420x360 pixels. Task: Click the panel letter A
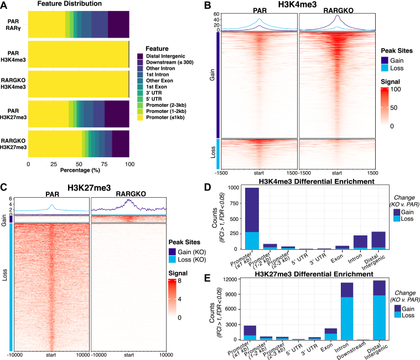[3, 5]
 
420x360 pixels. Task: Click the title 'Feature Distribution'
[69, 3]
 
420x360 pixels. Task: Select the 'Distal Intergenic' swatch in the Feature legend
[140, 56]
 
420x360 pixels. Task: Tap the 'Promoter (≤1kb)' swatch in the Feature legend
[140, 117]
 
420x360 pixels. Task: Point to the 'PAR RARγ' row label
[13, 24]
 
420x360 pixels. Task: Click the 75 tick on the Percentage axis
[104, 164]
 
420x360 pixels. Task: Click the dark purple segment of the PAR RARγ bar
[118, 24]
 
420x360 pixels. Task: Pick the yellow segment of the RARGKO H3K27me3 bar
[55, 143]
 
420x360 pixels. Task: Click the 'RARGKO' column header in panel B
[338, 11]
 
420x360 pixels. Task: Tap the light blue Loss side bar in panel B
[218, 154]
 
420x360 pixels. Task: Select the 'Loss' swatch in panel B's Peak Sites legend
[385, 68]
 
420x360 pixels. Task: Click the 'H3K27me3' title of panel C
[89, 188]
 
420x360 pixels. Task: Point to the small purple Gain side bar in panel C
[11, 219]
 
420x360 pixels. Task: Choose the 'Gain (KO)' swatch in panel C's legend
[172, 252]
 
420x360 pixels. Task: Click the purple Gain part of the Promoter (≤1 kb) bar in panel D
[252, 210]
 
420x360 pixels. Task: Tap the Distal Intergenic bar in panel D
[378, 240]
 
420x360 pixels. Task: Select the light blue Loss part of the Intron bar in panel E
[347, 318]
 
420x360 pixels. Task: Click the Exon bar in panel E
[331, 335]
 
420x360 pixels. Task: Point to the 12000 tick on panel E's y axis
[231, 279]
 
